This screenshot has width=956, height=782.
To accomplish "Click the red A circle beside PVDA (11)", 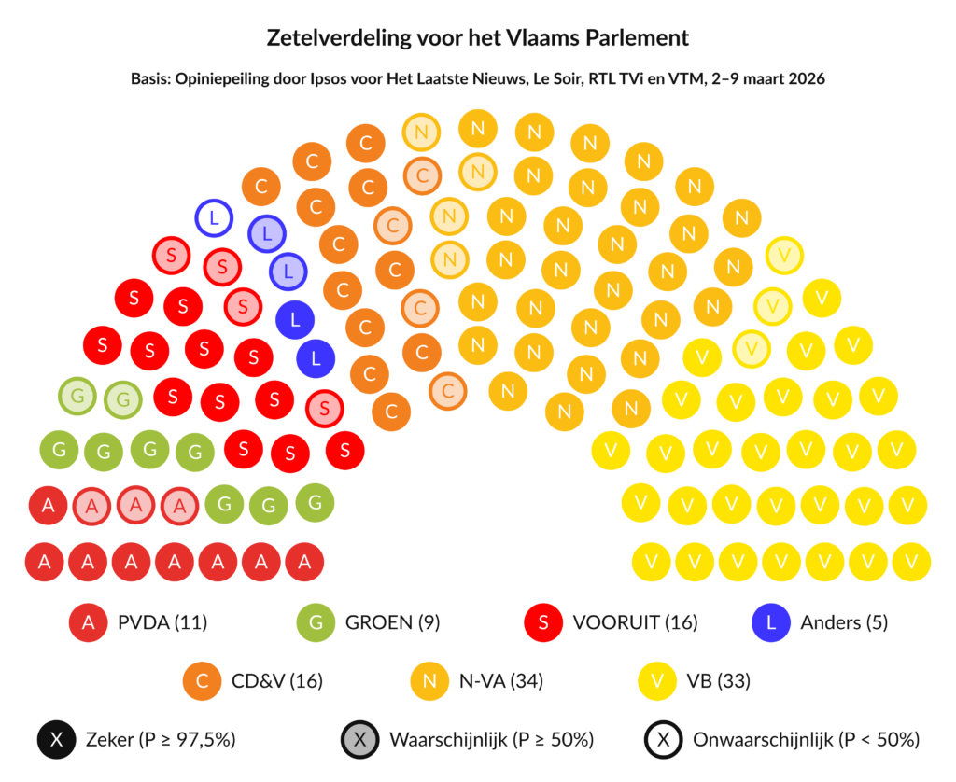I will (90, 622).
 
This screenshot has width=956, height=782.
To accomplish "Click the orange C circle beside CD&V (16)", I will (203, 681).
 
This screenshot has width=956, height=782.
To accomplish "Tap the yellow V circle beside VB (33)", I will (657, 681).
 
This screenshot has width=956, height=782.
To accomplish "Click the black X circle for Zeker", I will (58, 740).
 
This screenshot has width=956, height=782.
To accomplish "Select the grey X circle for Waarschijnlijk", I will (360, 740).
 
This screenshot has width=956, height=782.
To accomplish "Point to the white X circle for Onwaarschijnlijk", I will (663, 740).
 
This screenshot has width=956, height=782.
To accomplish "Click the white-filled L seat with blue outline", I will (215, 218).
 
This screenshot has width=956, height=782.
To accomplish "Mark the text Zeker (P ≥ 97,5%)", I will (161, 740).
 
